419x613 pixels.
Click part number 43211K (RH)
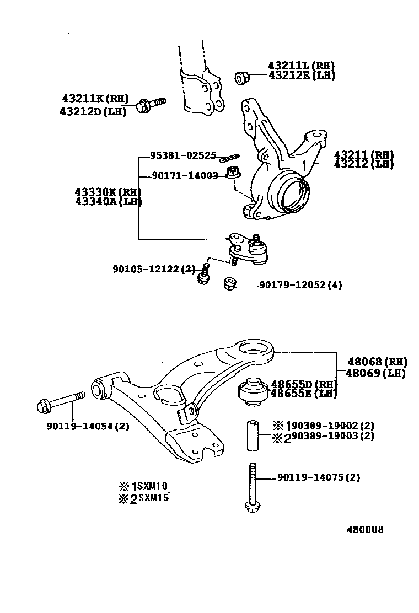point(95,99)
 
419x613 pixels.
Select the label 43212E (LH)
point(302,76)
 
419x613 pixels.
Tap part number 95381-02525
point(183,155)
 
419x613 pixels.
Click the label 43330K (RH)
point(108,191)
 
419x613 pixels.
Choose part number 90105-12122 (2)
point(154,269)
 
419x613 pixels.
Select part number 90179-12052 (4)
point(300,285)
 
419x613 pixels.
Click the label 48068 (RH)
point(377,362)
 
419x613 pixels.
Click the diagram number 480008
point(365,530)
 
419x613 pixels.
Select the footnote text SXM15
point(153,498)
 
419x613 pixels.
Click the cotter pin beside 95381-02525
point(228,159)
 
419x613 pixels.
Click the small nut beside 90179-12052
point(230,284)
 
